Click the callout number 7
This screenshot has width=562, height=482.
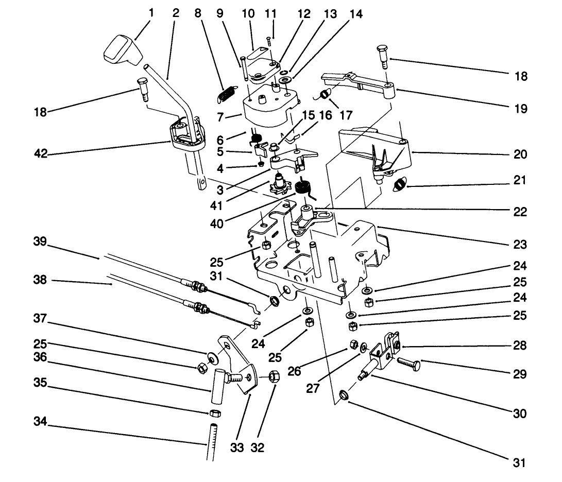click(x=220, y=118)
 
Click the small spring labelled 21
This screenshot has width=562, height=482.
click(x=400, y=183)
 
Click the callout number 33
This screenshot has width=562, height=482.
click(x=237, y=447)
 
